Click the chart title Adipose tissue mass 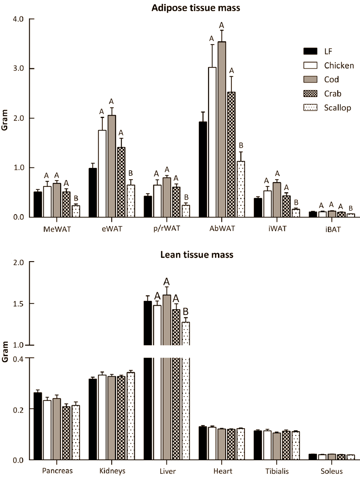pos(193,6)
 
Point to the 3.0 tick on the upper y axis pos(21,69)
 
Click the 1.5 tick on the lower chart pos(21,304)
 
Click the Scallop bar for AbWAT pos(240,189)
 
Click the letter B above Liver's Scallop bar pos(185,311)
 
